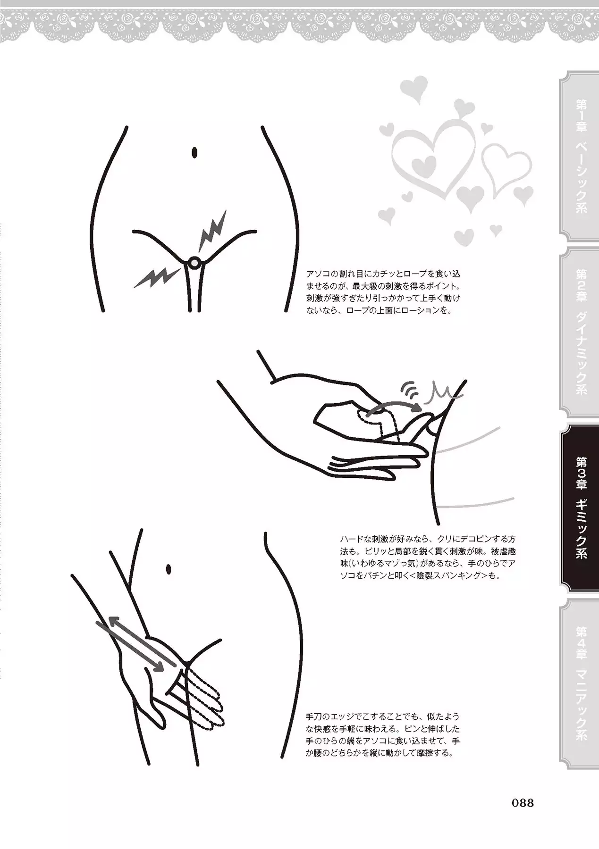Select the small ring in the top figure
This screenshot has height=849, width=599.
coord(194,263)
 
